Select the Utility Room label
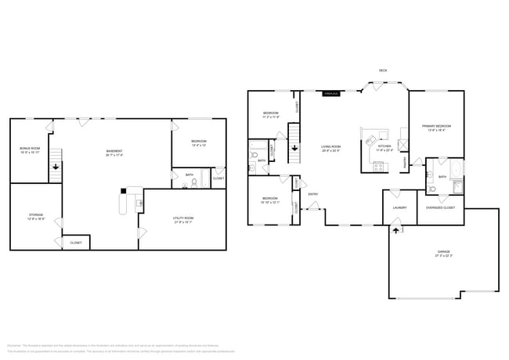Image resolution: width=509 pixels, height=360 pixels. point(183,218)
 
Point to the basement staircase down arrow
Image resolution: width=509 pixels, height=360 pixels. point(55,166)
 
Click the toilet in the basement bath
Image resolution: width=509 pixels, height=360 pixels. point(193,184)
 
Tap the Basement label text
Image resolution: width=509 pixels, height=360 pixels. point(114,152)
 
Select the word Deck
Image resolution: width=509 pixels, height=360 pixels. point(383,70)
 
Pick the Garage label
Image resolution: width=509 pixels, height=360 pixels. point(443,254)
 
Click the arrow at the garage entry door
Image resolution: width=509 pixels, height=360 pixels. point(395,229)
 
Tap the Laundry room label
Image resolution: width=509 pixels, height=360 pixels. point(399,207)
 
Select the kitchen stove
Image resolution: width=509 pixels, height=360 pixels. point(377,165)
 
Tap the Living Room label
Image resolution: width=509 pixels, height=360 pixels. point(330,147)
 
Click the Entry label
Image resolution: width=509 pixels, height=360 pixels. point(312,194)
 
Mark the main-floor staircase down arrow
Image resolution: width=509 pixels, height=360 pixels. point(294,148)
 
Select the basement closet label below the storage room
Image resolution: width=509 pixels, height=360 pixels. point(76,243)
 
